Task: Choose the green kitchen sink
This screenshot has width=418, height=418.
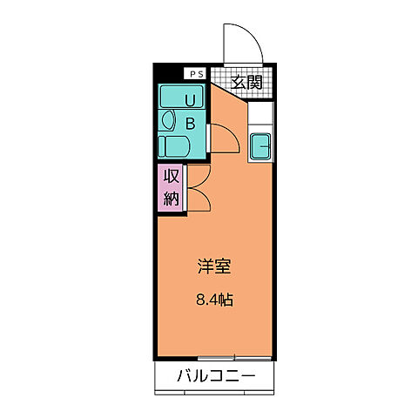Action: (260, 146)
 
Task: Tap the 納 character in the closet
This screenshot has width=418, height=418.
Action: (171, 198)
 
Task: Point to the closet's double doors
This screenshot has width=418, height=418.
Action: (198, 186)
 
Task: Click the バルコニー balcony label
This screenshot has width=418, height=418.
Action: (215, 376)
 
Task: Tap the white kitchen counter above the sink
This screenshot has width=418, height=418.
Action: (260, 113)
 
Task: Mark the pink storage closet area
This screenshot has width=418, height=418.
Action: (171, 187)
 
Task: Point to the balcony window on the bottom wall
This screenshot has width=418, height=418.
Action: (215, 356)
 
